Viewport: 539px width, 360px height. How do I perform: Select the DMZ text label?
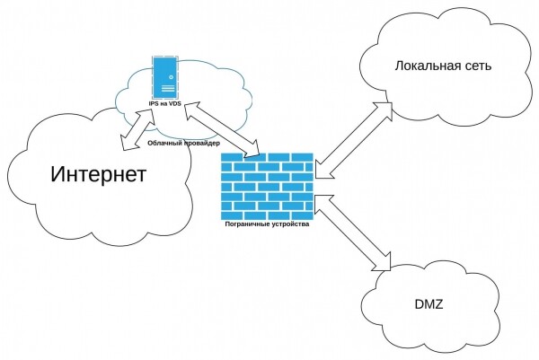click(427, 305)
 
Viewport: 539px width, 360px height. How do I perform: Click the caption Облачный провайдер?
click(181, 143)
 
